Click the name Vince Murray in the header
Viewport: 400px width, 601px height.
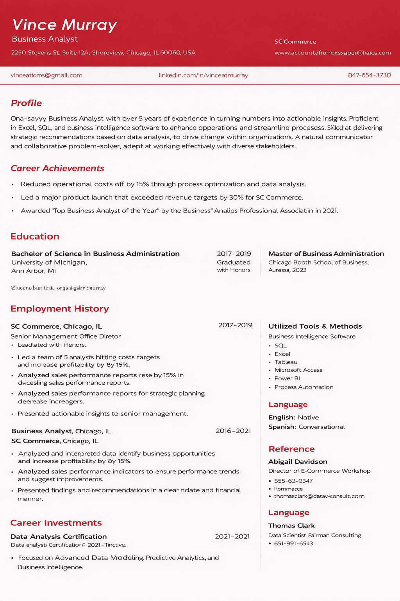(64, 25)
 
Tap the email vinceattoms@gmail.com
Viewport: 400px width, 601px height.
(46, 75)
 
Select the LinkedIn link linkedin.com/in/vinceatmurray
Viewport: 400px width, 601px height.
(203, 75)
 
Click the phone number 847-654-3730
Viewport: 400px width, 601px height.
(369, 75)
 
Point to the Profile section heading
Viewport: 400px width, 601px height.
(26, 103)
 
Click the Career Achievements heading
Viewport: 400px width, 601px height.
(57, 168)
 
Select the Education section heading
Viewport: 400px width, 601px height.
(35, 236)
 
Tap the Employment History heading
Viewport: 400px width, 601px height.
(60, 309)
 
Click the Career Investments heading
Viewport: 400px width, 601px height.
(56, 523)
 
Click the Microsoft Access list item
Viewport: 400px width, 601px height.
(298, 370)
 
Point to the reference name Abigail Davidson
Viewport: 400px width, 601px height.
(298, 462)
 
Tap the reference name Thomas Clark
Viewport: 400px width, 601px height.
(291, 525)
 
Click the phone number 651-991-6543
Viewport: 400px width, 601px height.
(293, 543)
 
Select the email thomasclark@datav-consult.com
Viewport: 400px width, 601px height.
(319, 496)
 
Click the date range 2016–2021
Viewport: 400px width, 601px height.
(233, 431)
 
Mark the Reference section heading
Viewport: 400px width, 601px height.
(291, 449)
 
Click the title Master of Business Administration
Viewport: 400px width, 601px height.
(326, 254)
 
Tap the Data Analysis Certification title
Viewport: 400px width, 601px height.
(59, 536)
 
